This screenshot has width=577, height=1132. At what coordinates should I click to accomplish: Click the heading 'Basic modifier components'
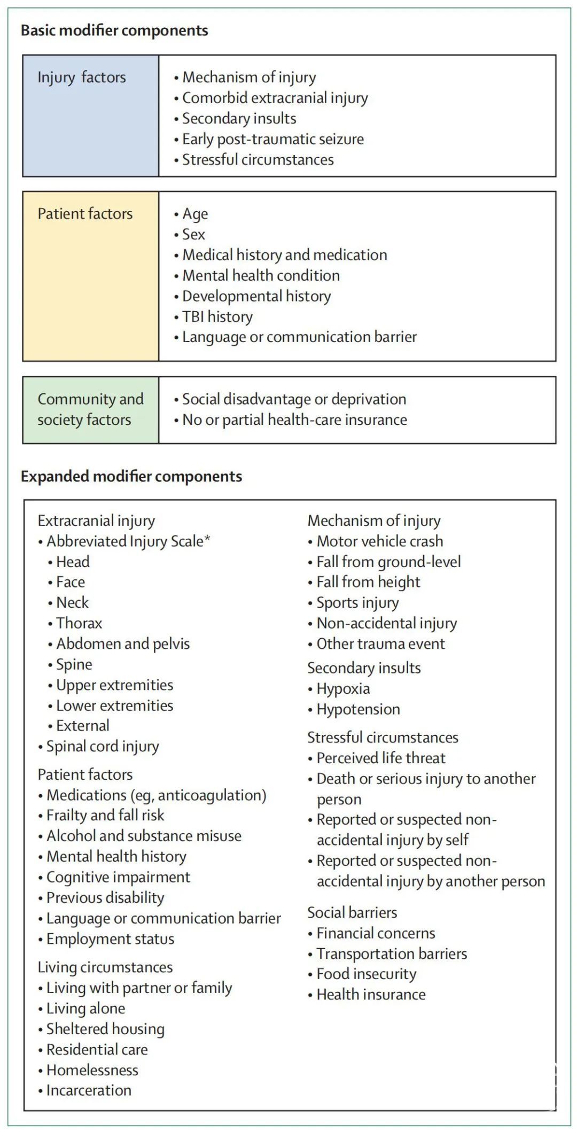click(x=114, y=30)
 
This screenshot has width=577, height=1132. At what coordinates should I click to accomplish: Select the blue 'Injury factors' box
click(x=91, y=115)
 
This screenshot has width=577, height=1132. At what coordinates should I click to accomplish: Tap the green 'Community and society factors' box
click(x=91, y=409)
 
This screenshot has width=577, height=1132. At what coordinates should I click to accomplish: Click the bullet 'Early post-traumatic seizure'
click(x=272, y=139)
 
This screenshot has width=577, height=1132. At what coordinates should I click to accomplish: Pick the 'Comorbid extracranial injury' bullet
click(x=275, y=98)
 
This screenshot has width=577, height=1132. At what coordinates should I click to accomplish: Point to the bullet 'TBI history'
click(x=217, y=316)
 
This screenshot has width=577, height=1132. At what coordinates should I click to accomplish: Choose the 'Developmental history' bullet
click(x=256, y=296)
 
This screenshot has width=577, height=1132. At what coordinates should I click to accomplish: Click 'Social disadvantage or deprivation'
click(x=294, y=399)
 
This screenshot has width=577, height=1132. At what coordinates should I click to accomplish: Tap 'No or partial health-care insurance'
click(x=294, y=420)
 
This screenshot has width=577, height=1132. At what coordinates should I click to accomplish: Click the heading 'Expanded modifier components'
click(x=131, y=476)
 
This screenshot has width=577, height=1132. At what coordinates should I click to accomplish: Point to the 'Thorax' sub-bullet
click(x=79, y=623)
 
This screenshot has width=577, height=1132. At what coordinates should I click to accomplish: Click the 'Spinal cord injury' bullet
click(x=103, y=747)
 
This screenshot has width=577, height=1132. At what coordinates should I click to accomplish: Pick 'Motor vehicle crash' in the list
click(x=379, y=541)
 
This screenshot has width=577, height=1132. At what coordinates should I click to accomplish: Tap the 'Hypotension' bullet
click(x=358, y=709)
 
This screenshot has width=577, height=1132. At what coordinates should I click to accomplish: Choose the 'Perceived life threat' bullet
click(x=380, y=758)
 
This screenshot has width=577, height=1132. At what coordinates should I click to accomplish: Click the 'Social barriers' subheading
click(x=352, y=912)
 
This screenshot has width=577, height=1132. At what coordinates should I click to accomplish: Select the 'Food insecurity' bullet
click(x=366, y=974)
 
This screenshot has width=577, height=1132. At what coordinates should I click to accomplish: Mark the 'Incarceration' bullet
click(x=89, y=1090)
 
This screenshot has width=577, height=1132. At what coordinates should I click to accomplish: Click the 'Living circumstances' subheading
click(x=105, y=967)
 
